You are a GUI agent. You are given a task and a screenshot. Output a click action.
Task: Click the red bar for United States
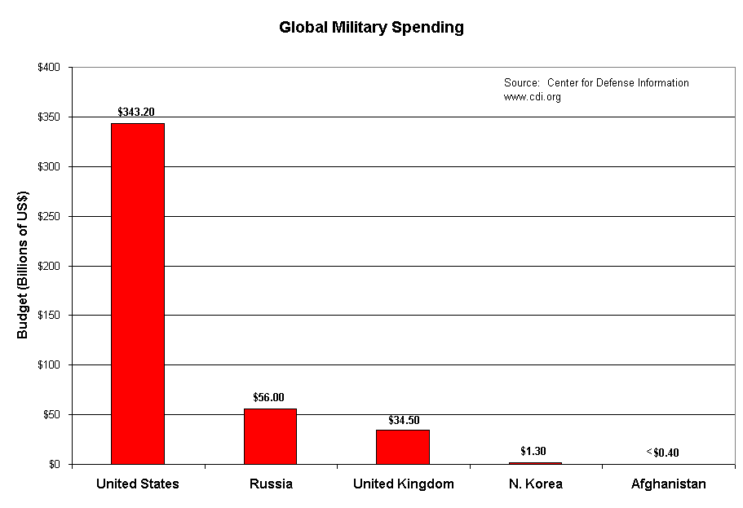click(x=138, y=294)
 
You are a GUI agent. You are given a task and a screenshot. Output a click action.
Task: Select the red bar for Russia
click(x=270, y=436)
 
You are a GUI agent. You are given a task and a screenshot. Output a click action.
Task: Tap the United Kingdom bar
click(x=403, y=447)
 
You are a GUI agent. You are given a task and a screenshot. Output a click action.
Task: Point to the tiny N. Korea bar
click(x=535, y=463)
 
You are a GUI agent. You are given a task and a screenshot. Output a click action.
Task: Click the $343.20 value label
click(x=137, y=112)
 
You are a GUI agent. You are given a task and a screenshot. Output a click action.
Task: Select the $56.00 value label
click(x=269, y=397)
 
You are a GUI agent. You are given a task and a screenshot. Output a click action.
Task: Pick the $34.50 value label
click(x=402, y=420)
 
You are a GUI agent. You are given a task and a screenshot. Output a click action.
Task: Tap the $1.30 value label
click(x=534, y=451)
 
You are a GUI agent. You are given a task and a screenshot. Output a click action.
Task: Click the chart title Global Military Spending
click(x=371, y=27)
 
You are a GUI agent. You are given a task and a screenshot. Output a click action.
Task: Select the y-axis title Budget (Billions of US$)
click(x=24, y=266)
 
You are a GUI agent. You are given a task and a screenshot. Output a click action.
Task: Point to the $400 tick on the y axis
click(x=48, y=68)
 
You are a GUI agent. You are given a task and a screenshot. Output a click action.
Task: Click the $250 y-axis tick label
click(x=48, y=216)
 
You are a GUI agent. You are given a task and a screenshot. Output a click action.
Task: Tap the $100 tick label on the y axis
click(x=48, y=365)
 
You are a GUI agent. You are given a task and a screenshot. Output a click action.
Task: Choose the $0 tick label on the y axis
click(x=54, y=465)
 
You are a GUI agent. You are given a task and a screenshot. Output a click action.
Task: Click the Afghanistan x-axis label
click(x=668, y=484)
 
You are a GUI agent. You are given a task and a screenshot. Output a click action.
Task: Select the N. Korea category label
click(x=535, y=484)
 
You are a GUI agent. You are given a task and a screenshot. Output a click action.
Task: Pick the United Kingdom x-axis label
click(x=403, y=484)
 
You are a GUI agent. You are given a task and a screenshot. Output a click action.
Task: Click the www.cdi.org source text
click(x=533, y=97)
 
